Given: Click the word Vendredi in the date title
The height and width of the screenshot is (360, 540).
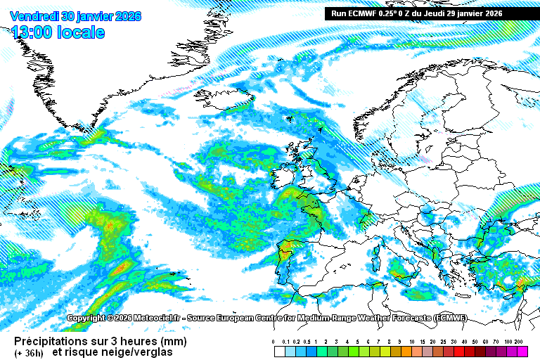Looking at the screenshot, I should [x=33, y=16].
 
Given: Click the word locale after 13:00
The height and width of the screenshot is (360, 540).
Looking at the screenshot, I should [x=83, y=32].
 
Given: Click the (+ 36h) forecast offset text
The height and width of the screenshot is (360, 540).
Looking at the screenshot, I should [x=29, y=352].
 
